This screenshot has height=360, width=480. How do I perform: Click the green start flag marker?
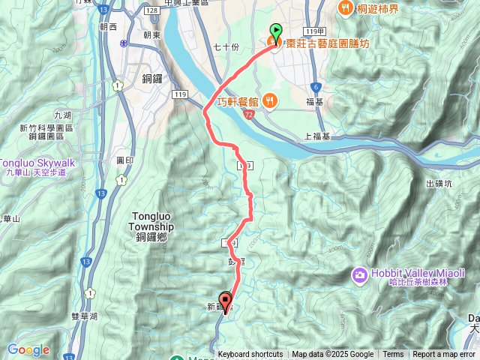[x=275, y=32]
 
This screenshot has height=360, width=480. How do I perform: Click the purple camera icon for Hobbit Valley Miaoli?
[x=360, y=275]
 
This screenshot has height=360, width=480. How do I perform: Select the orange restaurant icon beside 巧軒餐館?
[x=271, y=101]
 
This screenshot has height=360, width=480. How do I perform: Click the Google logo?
[x=28, y=349]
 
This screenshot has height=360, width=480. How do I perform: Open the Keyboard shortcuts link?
[x=250, y=355]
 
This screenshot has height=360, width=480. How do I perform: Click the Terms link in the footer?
[x=393, y=355]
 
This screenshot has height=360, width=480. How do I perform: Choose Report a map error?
[x=444, y=355]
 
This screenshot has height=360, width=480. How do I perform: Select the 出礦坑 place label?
[x=439, y=183]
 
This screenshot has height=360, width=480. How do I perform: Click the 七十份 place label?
[x=225, y=46]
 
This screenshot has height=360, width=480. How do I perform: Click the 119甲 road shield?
[x=313, y=31]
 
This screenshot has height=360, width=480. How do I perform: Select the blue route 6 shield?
[x=316, y=87]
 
